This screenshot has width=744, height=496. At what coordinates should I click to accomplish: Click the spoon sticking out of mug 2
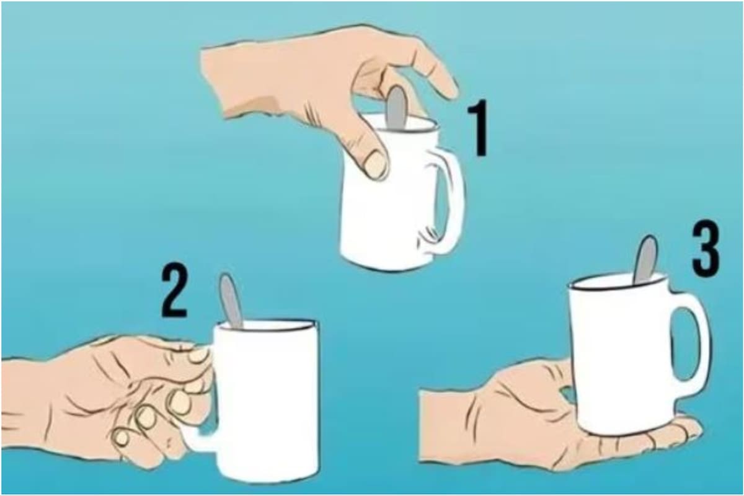pos(231,300)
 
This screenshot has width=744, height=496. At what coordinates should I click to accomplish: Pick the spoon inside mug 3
pos(645,258)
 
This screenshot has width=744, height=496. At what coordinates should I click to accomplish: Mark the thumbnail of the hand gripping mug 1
pos(376,164)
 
